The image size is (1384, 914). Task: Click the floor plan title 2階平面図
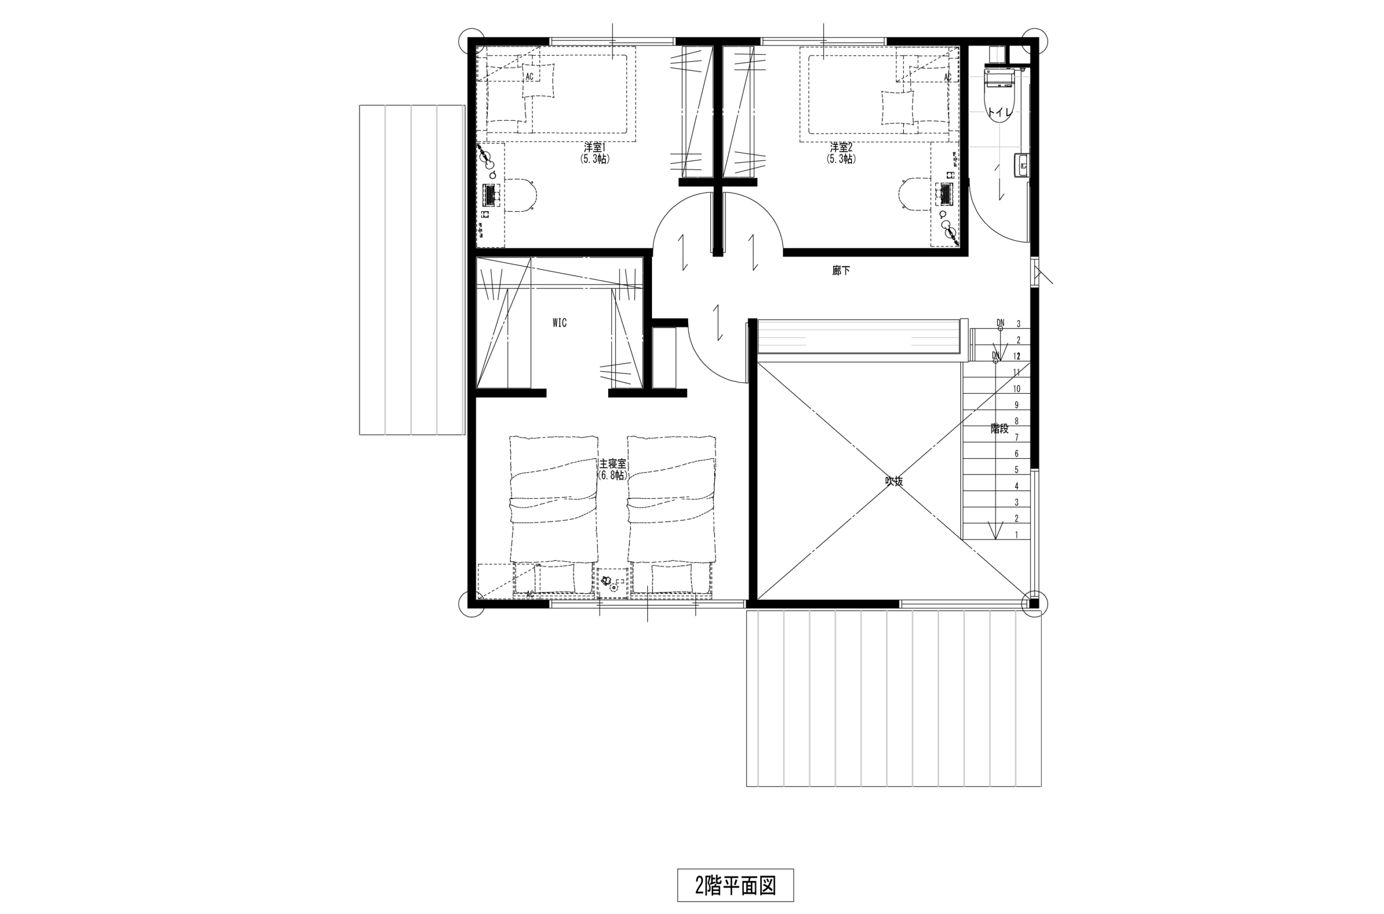(x=735, y=885)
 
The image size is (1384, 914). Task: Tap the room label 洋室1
(x=595, y=147)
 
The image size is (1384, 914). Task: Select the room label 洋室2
(x=841, y=147)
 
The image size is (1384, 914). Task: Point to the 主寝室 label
(x=613, y=464)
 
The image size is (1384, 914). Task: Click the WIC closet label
(x=560, y=323)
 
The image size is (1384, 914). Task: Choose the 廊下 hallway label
(x=841, y=271)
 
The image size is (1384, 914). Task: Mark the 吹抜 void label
(x=894, y=481)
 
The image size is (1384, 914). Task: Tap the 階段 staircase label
(x=1000, y=428)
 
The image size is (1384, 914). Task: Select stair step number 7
(x=1016, y=437)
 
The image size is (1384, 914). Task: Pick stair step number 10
(x=1016, y=389)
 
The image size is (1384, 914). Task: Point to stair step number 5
(x=1016, y=470)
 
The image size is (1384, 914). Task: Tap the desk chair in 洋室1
(x=523, y=194)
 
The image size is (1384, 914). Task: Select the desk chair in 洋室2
(x=912, y=194)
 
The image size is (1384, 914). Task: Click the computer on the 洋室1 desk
(x=490, y=194)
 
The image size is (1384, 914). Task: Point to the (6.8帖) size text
(x=613, y=476)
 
